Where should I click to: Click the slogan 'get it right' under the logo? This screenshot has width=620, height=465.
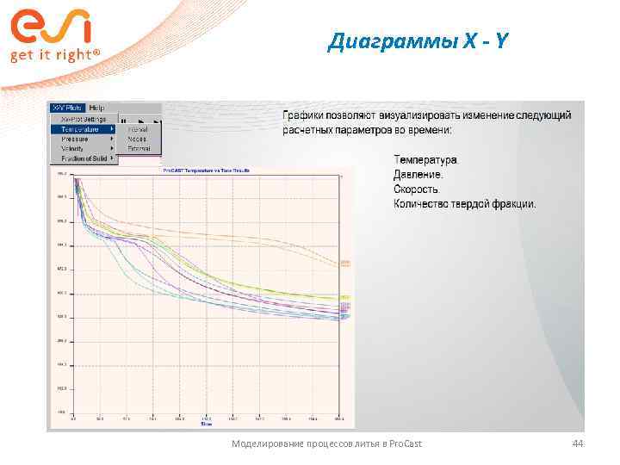click(x=54, y=55)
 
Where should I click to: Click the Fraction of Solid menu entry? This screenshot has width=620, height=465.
click(x=84, y=158)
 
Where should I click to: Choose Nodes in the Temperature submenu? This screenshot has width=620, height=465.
click(x=137, y=139)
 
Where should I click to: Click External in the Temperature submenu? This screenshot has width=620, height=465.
click(x=139, y=148)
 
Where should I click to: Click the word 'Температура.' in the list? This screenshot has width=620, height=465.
click(x=426, y=160)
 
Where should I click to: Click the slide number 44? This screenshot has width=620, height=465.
click(x=578, y=443)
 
